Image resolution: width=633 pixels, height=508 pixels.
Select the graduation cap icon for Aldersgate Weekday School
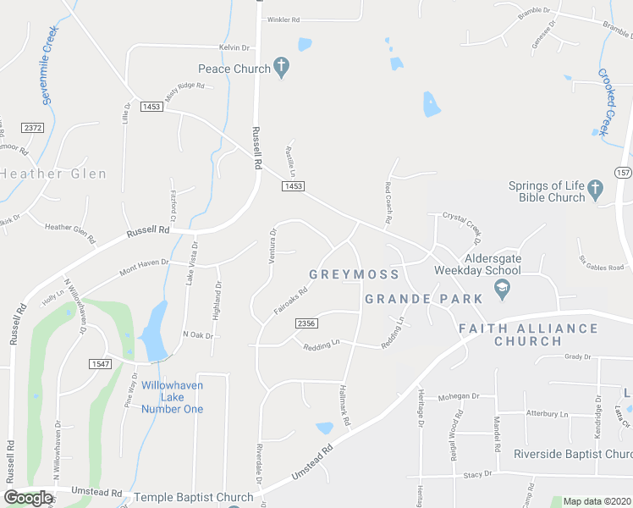point(503,290)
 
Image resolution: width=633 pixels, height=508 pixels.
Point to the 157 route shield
point(623,173)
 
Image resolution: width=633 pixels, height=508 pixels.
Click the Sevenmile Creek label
point(49,65)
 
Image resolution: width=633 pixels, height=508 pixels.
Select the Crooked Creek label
point(606,102)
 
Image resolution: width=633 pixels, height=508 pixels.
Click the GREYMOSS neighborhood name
point(342,274)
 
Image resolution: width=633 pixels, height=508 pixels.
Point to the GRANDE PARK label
point(423,299)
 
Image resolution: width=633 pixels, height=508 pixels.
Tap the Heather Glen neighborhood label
point(53,174)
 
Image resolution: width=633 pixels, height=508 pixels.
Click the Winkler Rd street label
point(284,19)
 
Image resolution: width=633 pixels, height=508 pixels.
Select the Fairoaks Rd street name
point(290,300)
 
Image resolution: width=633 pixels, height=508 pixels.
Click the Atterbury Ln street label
point(547,414)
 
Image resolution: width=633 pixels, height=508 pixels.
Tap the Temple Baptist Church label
point(193,497)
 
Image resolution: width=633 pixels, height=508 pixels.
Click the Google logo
point(28,498)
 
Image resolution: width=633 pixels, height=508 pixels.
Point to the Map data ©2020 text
point(596,501)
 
